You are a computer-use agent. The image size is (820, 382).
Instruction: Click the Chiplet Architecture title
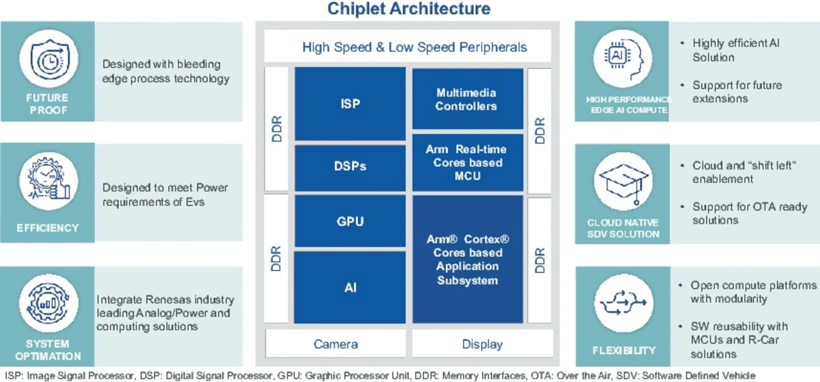click(409, 9)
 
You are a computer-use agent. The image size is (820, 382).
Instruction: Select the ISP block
click(350, 103)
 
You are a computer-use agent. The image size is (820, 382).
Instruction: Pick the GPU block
click(350, 221)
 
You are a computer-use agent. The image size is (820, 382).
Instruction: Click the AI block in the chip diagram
click(350, 287)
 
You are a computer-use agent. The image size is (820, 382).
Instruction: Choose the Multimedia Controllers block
click(466, 99)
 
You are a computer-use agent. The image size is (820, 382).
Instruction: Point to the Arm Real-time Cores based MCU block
click(466, 162)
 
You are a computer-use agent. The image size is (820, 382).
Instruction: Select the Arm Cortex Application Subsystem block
click(468, 259)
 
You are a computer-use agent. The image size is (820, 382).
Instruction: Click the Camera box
click(336, 344)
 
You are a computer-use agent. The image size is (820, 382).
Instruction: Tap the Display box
click(482, 344)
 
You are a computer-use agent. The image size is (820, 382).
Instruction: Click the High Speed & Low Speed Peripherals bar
click(414, 47)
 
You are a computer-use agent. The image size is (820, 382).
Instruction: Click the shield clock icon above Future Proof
click(48, 58)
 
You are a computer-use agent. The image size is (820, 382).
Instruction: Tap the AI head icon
click(622, 58)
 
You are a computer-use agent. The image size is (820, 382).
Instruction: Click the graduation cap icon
click(622, 182)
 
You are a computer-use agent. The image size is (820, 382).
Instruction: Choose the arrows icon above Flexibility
click(623, 303)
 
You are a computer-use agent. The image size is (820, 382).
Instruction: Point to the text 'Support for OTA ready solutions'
click(750, 213)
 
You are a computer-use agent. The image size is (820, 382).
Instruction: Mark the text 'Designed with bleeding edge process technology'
click(165, 71)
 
